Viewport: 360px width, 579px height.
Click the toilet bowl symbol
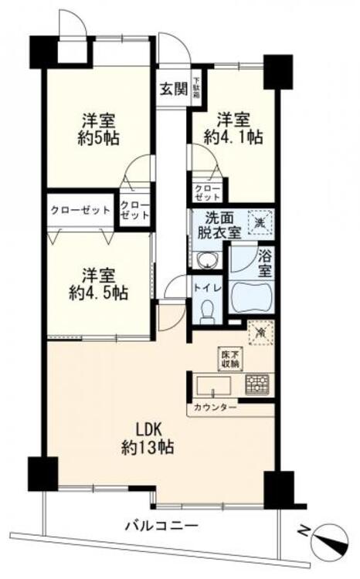click(205, 311)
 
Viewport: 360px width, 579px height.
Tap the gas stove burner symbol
click(256, 384)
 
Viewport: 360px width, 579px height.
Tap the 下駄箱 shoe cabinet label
click(196, 84)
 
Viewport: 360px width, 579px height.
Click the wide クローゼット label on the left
click(80, 210)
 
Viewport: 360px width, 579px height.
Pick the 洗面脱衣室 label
click(219, 225)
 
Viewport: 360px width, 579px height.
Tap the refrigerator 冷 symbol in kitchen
click(260, 331)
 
